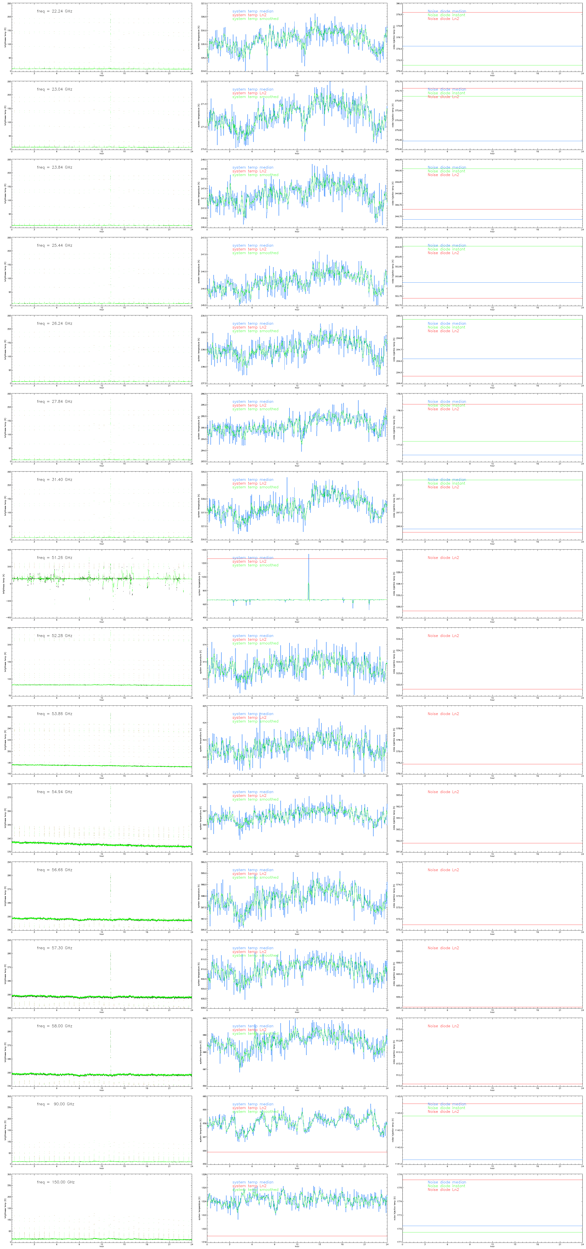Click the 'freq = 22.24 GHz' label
[x=54, y=11]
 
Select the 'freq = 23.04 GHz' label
[x=54, y=89]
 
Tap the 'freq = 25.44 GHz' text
[x=54, y=245]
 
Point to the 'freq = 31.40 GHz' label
[x=54, y=479]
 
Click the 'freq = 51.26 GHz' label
[x=54, y=558]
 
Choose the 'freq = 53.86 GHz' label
[x=54, y=714]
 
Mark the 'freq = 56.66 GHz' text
[x=54, y=870]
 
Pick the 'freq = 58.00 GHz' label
[x=54, y=1026]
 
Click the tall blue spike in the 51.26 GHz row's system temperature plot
[x=308, y=572]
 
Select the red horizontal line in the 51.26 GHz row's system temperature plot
[x=339, y=559]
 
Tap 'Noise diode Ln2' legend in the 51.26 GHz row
[x=443, y=558]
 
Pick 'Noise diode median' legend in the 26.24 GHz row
[x=446, y=323]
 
